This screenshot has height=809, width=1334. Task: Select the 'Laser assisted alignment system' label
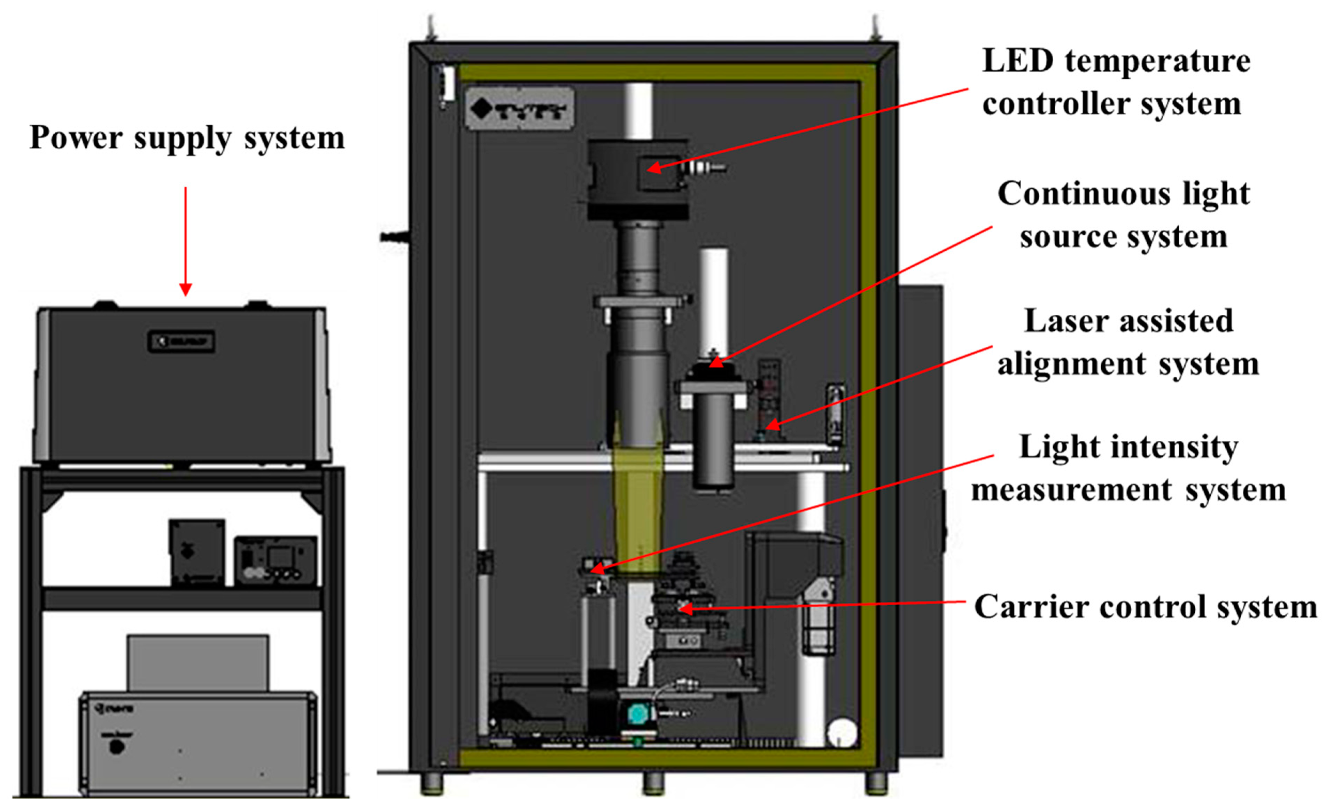[x=1128, y=342]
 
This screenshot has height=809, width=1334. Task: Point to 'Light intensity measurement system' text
[x=1128, y=468]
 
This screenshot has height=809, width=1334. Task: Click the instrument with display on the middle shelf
[x=275, y=561]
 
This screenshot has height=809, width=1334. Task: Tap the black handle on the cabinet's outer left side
[x=394, y=236]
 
